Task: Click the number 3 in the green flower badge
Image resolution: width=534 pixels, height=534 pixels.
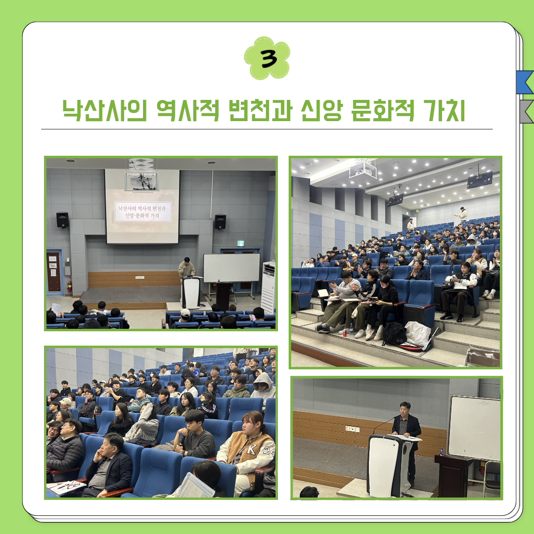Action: click(268, 58)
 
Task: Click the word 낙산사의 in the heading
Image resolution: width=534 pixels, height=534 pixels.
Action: click(104, 110)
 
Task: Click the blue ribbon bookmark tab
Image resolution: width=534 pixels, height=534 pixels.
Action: click(525, 82)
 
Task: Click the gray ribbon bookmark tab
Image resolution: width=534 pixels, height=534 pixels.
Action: click(526, 111)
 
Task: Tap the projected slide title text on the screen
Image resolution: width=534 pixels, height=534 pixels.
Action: click(142, 212)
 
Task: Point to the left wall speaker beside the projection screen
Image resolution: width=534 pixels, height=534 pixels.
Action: click(63, 220)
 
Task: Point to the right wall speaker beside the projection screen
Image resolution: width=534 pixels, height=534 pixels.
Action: click(220, 222)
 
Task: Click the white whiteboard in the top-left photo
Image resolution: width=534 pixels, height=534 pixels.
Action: click(231, 267)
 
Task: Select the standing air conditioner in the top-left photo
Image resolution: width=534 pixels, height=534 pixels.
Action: click(268, 287)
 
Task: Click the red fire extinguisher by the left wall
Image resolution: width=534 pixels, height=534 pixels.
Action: click(70, 286)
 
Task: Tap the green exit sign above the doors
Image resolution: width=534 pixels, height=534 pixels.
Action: click(240, 243)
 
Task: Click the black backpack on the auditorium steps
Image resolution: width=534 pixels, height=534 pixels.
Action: click(394, 334)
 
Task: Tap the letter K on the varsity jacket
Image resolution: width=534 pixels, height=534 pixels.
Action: click(252, 449)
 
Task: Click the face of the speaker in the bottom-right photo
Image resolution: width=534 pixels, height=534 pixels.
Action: click(405, 410)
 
